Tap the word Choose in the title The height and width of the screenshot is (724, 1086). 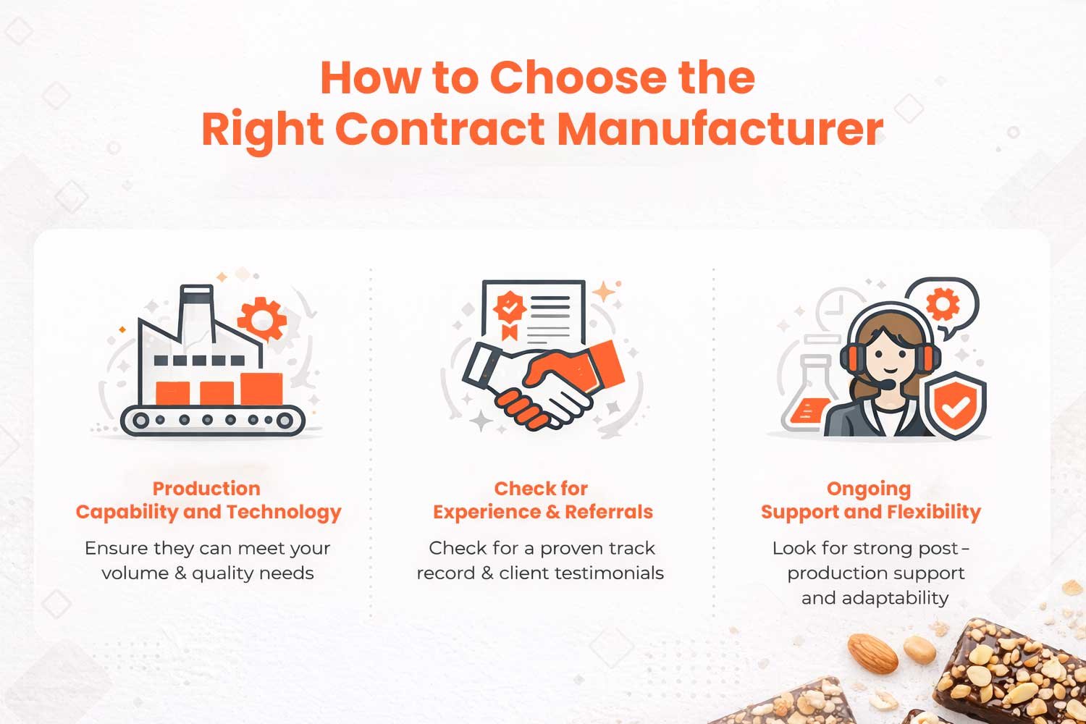578,77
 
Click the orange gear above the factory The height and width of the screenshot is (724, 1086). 262,319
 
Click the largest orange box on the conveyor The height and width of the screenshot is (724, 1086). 262,389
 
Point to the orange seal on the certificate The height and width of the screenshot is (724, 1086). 509,313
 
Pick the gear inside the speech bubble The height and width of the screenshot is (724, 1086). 943,304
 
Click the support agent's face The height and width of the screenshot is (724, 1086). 890,356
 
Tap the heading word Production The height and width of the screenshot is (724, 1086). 206,489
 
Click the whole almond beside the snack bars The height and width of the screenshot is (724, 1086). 872,654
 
